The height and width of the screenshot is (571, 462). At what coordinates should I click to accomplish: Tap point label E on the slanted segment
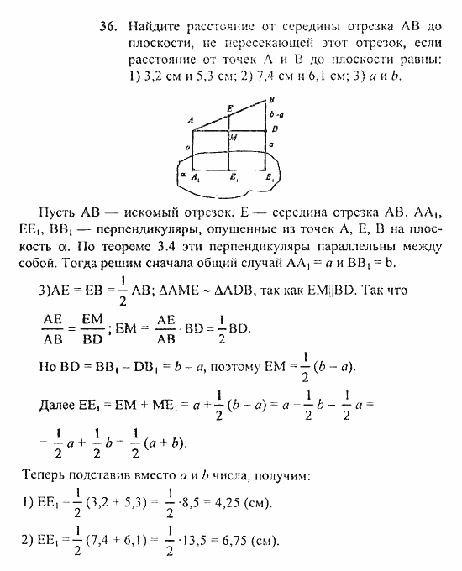click(230, 108)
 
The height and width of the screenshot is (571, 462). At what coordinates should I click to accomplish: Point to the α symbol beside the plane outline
click(181, 175)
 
